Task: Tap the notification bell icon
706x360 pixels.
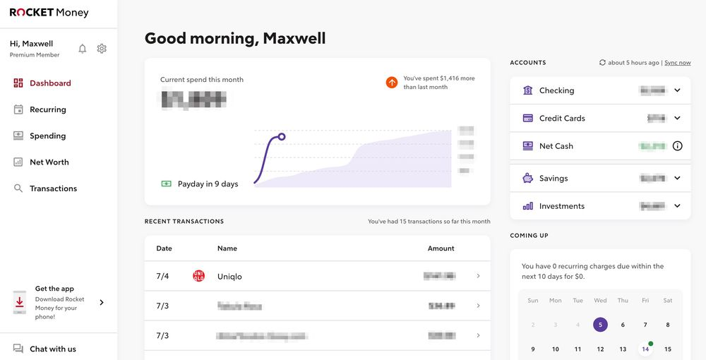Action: click(83, 49)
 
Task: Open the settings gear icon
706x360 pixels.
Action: click(102, 49)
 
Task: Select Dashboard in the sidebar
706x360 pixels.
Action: click(49, 83)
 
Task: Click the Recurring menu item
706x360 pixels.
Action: click(47, 109)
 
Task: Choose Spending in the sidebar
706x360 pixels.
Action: click(47, 136)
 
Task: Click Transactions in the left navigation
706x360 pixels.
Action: click(53, 188)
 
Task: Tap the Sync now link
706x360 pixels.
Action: click(677, 63)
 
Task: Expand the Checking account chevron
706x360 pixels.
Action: click(677, 90)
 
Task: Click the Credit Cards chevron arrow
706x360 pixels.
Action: click(677, 118)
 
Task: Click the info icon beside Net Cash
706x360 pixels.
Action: click(677, 146)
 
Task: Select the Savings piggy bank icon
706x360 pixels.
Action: click(527, 179)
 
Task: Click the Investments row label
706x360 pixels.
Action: click(561, 206)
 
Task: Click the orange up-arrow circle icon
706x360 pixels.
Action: click(392, 83)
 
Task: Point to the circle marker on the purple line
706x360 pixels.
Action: click(282, 136)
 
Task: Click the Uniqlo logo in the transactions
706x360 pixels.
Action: click(198, 276)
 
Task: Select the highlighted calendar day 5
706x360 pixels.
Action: click(600, 325)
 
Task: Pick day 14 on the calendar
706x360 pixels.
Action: click(645, 349)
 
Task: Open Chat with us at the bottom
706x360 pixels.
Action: click(52, 349)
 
